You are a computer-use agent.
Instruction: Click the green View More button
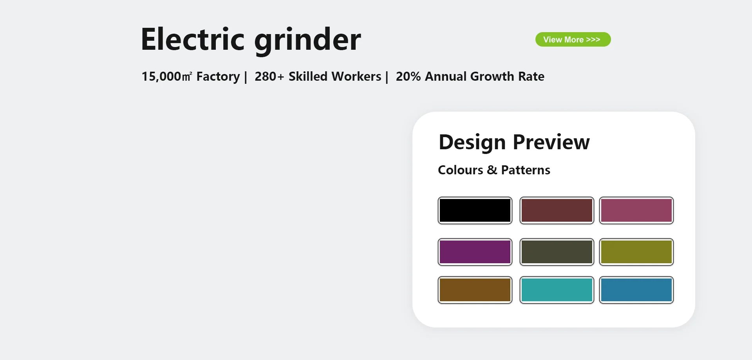click(573, 40)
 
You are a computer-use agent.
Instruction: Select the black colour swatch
click(475, 210)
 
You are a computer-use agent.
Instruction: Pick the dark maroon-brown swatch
click(557, 210)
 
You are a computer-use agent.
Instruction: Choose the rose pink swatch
click(636, 210)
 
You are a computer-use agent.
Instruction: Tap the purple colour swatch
click(475, 252)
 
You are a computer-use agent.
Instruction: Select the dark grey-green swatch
click(557, 252)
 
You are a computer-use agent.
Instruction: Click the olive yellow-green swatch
click(636, 252)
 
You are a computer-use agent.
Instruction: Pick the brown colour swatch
click(475, 290)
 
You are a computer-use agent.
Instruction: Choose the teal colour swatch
click(557, 290)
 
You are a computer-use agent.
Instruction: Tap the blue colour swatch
click(636, 290)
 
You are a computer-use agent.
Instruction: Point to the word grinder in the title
click(307, 41)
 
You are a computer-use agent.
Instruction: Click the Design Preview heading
click(514, 142)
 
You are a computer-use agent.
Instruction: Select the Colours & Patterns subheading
click(494, 170)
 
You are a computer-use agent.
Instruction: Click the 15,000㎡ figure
click(167, 76)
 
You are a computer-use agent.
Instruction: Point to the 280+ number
click(269, 76)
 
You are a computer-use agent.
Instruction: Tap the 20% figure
click(408, 76)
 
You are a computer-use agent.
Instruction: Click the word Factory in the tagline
click(218, 77)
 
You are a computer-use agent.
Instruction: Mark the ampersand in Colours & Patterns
click(492, 170)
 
